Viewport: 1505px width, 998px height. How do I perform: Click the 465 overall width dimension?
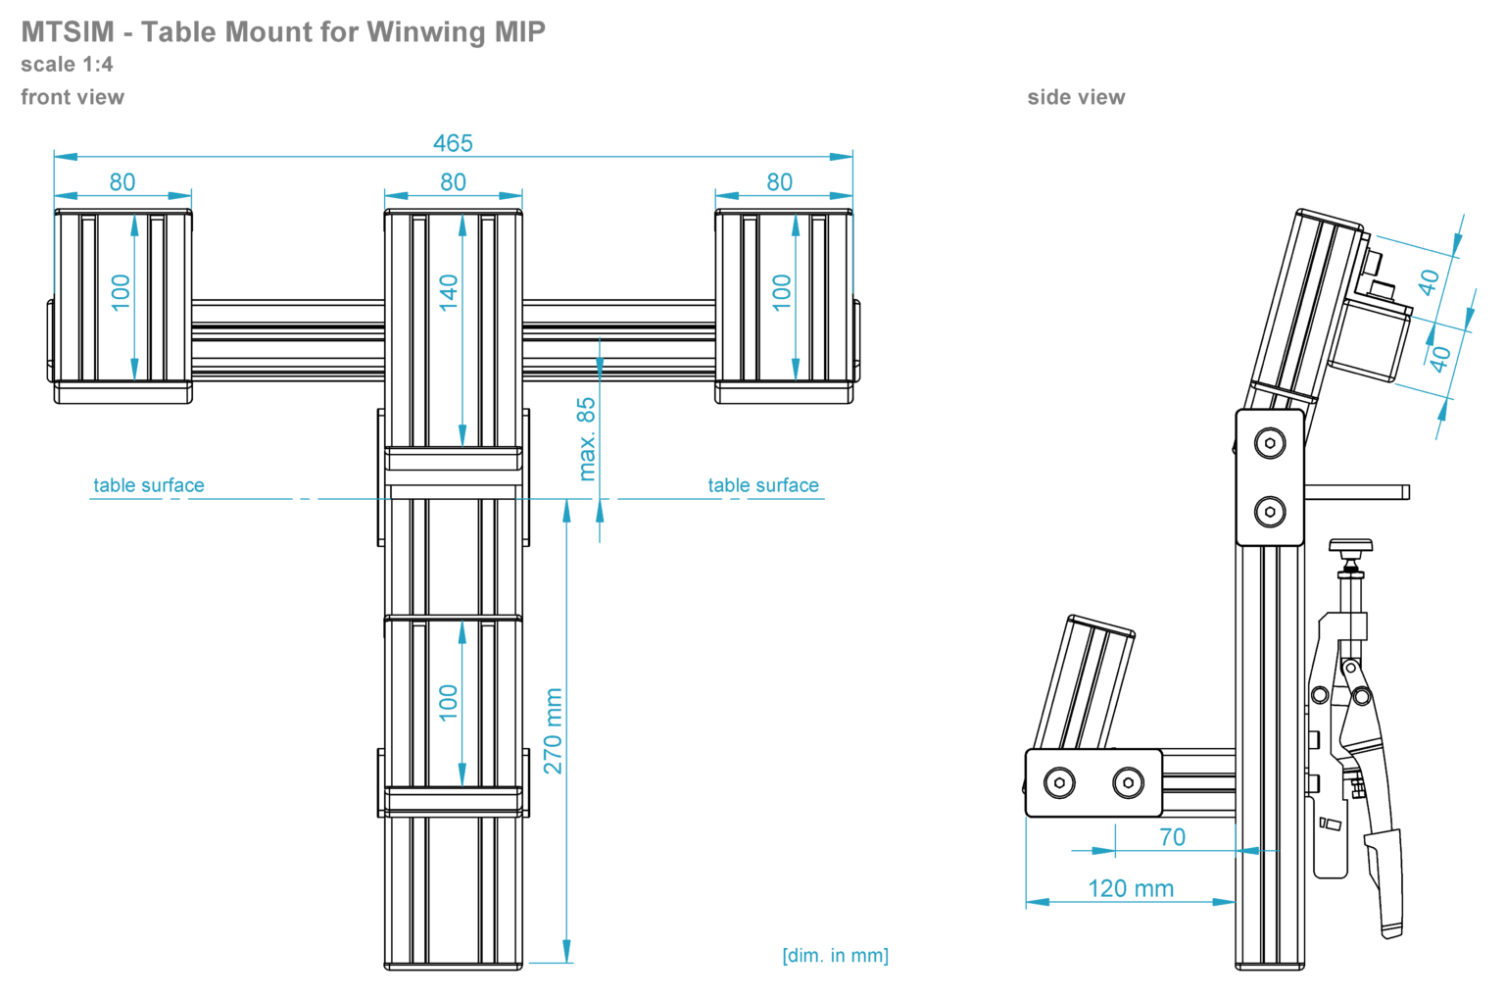pos(453,143)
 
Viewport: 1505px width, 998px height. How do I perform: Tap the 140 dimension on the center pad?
pos(449,292)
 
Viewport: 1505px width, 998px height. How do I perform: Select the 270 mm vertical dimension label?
pos(554,730)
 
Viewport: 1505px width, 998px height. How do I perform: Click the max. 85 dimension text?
pos(586,438)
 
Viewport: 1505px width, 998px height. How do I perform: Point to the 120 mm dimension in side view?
pos(1130,888)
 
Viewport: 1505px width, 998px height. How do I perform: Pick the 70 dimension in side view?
pos(1172,837)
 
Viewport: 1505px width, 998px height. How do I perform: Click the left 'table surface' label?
pos(149,485)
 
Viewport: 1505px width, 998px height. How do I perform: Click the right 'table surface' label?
pos(763,485)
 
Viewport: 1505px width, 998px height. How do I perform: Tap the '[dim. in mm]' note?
pos(835,955)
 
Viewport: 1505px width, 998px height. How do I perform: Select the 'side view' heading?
pos(1076,97)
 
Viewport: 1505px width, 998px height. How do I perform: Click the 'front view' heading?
pos(73,97)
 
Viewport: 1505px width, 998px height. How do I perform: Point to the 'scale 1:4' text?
pos(67,65)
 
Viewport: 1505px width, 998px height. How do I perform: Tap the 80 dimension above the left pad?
pos(122,182)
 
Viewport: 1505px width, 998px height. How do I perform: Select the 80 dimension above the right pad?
pos(779,182)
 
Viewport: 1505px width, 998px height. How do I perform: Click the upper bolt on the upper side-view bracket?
pos(1270,443)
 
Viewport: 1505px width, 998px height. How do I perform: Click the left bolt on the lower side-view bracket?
pos(1059,782)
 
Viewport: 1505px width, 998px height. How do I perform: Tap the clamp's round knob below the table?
pos(1350,546)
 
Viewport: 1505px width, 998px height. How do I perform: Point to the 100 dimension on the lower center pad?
pos(449,703)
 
